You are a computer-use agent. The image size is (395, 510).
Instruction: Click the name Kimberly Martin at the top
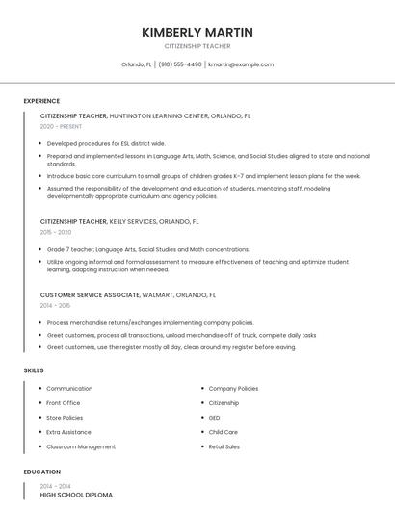[x=197, y=33]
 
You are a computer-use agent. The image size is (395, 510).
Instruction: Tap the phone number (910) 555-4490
[x=180, y=64]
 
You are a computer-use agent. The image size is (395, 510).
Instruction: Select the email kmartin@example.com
[x=241, y=64]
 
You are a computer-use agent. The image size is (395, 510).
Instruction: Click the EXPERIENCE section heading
[x=41, y=101]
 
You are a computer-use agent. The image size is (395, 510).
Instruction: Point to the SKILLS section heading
[x=34, y=370]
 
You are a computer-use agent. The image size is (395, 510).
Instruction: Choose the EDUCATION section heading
[x=41, y=472]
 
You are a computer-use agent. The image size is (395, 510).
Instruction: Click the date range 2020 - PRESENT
[x=61, y=126]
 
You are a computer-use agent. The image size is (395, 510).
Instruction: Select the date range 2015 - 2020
[x=56, y=232]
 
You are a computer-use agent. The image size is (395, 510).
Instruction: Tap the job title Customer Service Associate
[x=86, y=295]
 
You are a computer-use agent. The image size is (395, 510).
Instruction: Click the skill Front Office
[x=64, y=403]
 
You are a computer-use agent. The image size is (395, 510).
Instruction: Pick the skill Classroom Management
[x=81, y=446]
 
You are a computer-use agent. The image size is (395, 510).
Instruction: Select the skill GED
[x=215, y=418]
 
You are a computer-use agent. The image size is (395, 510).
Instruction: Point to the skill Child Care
[x=224, y=432]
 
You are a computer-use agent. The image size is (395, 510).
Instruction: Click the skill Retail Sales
[x=224, y=446]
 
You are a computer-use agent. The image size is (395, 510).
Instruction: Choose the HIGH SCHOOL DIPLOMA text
[x=76, y=495]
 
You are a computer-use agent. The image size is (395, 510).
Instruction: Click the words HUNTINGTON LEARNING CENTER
[x=158, y=115]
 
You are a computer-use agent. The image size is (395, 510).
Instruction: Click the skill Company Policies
[x=233, y=389]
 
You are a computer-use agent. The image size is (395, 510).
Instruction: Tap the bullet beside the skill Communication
[x=39, y=389]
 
